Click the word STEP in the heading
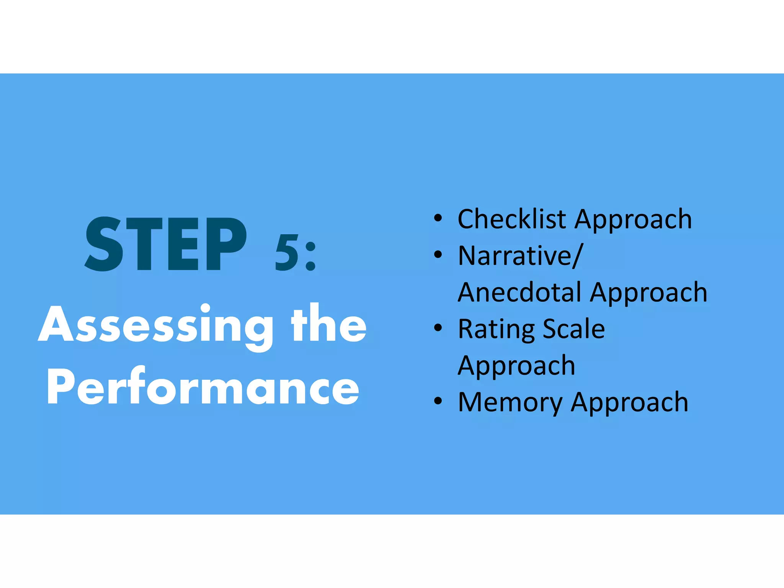tap(166, 244)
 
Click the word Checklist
tap(511, 219)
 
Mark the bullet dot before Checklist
tap(438, 219)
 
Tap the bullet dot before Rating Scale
tap(438, 328)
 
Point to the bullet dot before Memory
tap(438, 402)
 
